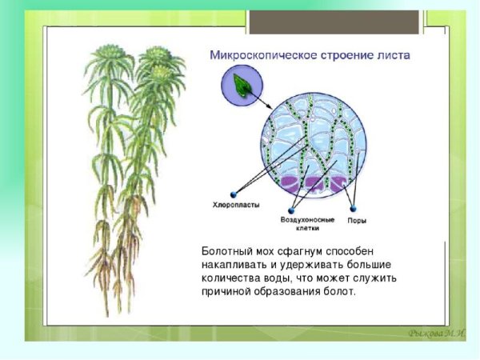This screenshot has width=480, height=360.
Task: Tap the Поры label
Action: point(357,218)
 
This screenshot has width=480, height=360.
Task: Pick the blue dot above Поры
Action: point(356,207)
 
